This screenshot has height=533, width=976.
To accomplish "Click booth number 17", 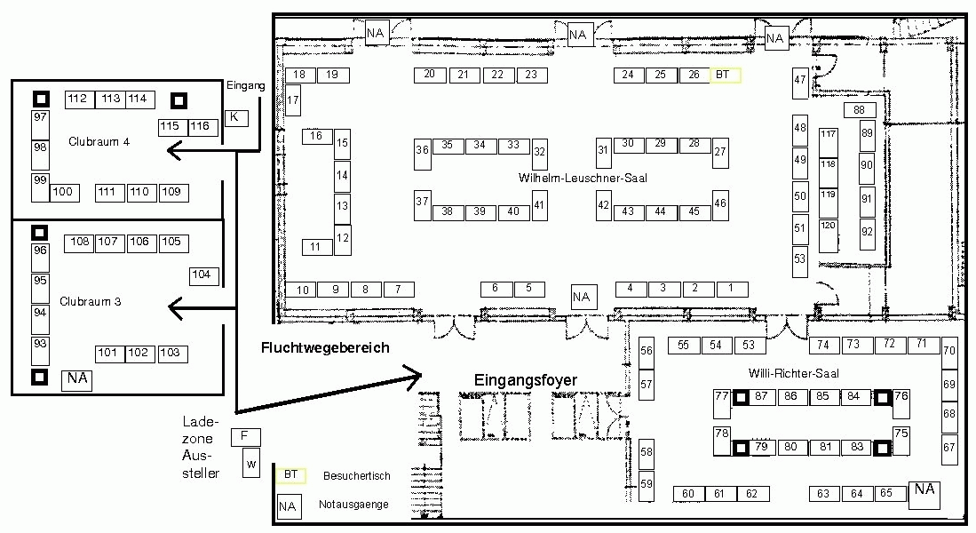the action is click(293, 99).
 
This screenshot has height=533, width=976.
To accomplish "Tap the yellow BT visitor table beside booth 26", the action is click(726, 76).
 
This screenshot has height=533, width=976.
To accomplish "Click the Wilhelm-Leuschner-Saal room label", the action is click(583, 178).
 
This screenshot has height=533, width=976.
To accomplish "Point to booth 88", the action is click(860, 110).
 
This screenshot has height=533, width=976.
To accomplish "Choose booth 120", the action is click(828, 235).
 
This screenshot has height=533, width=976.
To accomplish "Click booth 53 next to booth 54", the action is click(750, 346).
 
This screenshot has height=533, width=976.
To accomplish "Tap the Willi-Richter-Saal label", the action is click(794, 374).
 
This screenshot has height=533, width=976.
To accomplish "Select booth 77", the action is click(722, 403).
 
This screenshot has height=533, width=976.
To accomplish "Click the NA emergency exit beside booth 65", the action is click(924, 495).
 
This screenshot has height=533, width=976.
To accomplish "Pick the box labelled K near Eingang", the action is click(236, 117).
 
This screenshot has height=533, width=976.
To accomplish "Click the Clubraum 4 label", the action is click(99, 142).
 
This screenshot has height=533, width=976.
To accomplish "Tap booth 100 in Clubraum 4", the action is click(64, 193).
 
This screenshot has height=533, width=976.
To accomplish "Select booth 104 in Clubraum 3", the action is click(204, 276).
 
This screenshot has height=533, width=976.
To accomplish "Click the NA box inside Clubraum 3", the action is click(76, 380).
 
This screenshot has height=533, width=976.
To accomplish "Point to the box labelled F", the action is click(245, 437).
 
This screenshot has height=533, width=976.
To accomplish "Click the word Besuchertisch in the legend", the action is click(357, 476).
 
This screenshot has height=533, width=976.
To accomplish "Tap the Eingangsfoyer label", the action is click(526, 380).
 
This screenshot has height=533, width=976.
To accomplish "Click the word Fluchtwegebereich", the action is click(325, 348).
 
